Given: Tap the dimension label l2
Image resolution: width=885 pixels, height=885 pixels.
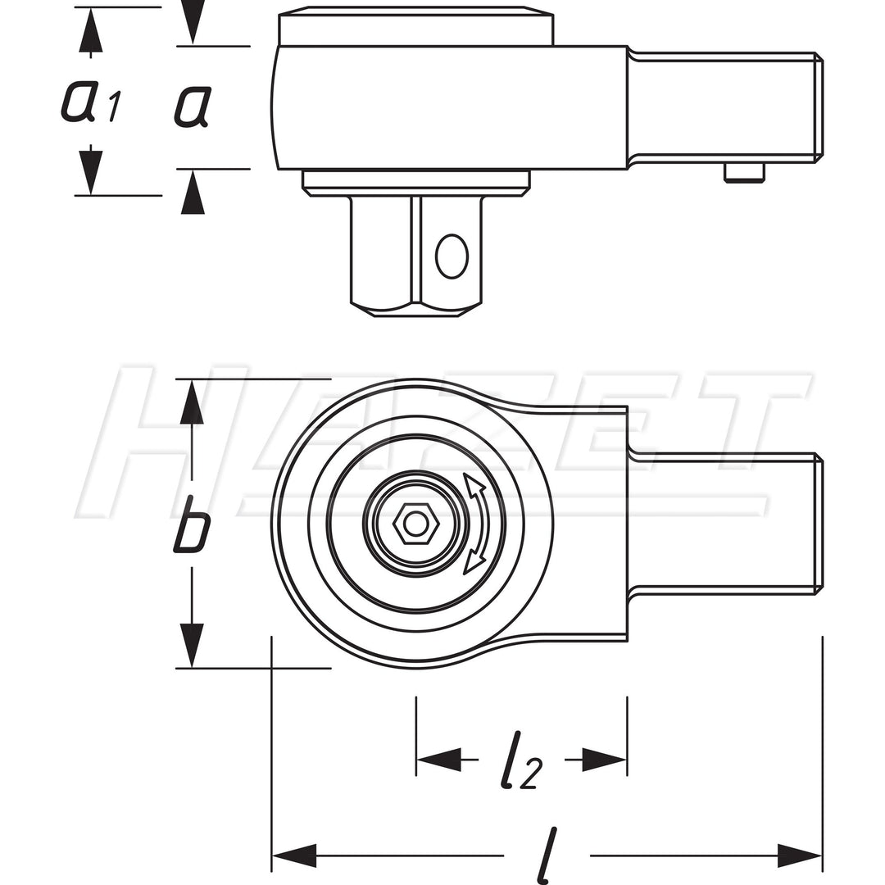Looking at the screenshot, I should (521, 760).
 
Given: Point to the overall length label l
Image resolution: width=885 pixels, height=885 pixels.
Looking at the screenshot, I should (547, 855).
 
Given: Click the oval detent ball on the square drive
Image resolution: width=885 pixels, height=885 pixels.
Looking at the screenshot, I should (452, 256).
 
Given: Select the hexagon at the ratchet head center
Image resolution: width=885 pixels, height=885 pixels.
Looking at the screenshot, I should (416, 522).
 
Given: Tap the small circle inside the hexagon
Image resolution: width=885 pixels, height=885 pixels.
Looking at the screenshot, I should (416, 522).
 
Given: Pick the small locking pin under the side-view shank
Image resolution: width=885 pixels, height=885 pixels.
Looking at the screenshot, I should (744, 172).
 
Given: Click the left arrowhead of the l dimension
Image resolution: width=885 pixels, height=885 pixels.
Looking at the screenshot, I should (294, 855).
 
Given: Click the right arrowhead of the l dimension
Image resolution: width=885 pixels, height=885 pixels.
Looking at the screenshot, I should (799, 855).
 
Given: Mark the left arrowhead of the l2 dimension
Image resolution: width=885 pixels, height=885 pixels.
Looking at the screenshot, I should (438, 760).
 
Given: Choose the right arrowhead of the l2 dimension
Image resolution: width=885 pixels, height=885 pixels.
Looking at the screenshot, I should (605, 760).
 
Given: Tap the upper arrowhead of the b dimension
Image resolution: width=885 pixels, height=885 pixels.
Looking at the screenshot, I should (192, 402).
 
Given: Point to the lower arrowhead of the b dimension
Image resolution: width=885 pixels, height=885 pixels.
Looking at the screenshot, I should (192, 646).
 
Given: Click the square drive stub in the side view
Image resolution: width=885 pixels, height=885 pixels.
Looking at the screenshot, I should (415, 254).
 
